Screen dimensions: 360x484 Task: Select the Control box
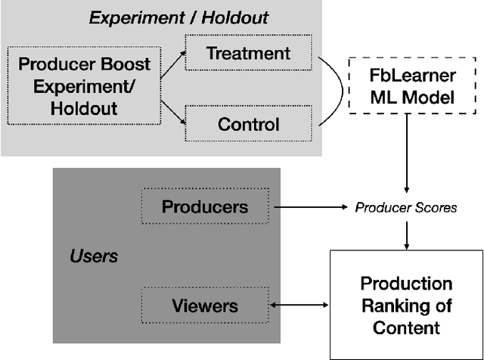[248, 123]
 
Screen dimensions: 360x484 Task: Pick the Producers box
[204, 206]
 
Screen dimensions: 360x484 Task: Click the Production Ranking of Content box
[406, 305]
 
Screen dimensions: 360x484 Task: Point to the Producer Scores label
[407, 206]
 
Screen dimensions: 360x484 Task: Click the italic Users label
[94, 256]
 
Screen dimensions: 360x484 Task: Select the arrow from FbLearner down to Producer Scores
[407, 159]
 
